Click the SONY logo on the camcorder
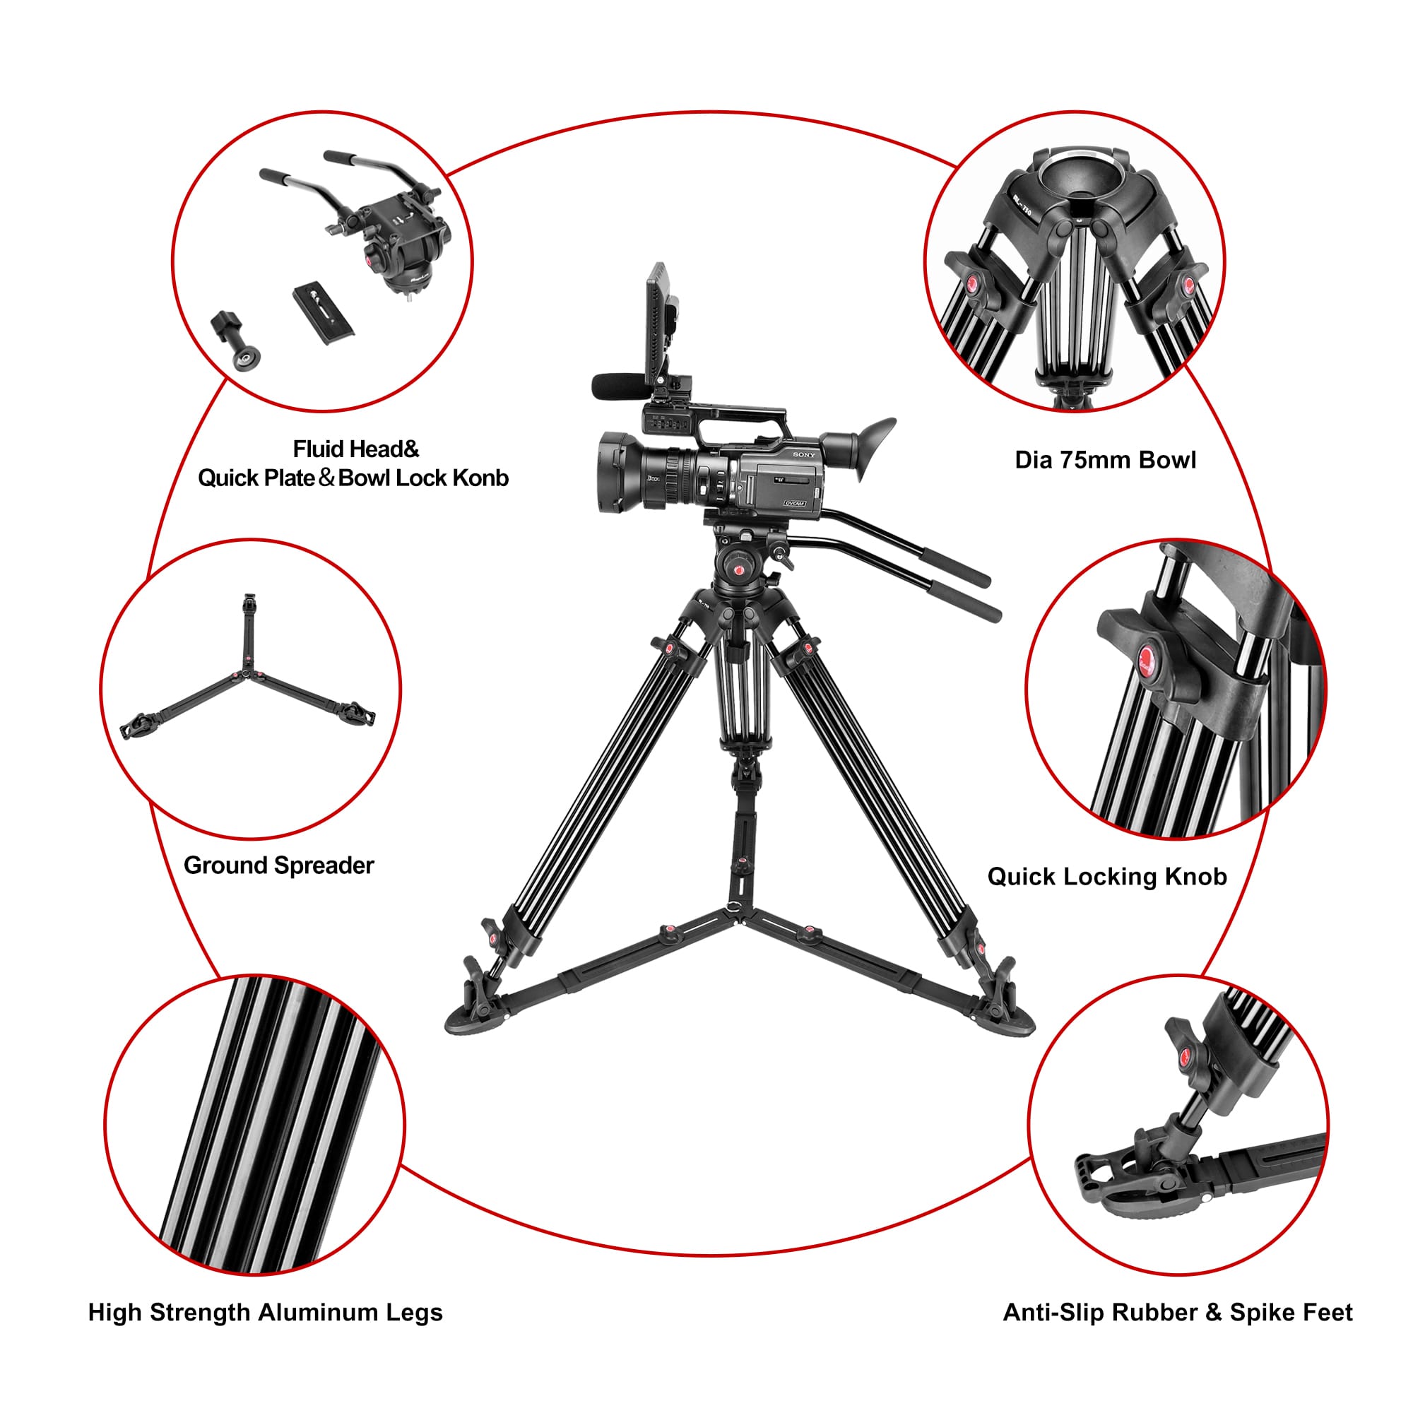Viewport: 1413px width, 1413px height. click(804, 455)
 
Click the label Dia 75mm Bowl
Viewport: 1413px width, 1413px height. click(1105, 460)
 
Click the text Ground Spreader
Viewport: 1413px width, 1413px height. click(278, 865)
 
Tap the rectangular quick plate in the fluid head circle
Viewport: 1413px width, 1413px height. click(324, 313)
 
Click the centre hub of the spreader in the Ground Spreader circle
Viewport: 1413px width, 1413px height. click(247, 673)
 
